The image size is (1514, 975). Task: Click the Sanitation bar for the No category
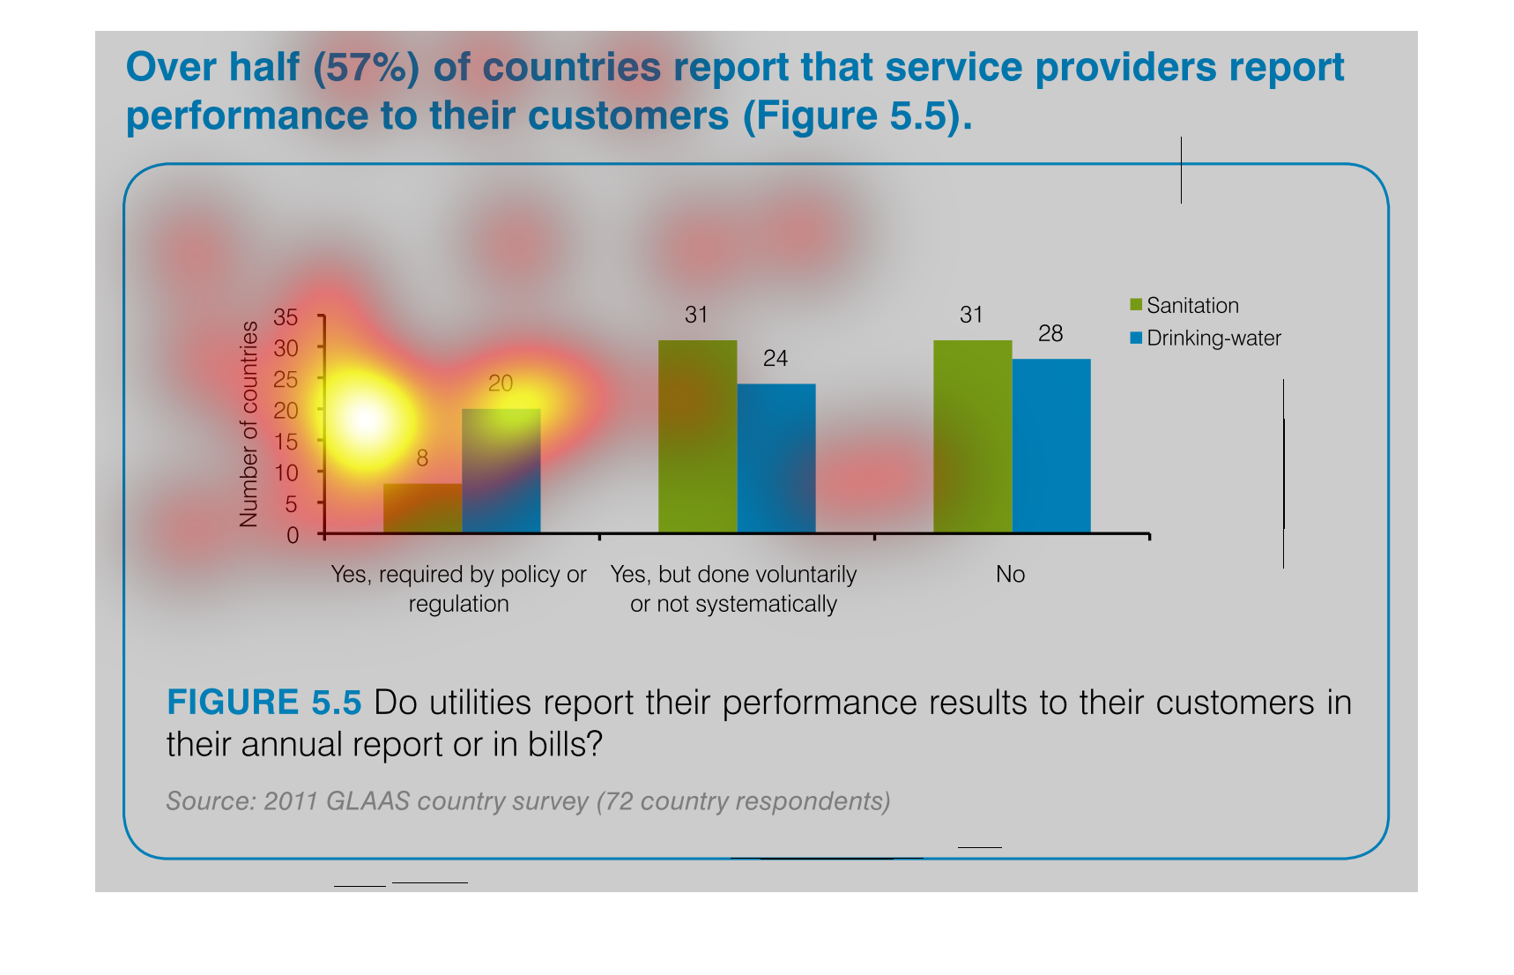pyautogui.click(x=972, y=436)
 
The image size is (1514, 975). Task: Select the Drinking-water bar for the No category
pyautogui.click(x=1050, y=445)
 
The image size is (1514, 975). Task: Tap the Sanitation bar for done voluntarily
pyautogui.click(x=697, y=436)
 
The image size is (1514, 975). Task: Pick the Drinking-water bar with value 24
pyautogui.click(x=776, y=458)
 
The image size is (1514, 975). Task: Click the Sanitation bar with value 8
pyautogui.click(x=422, y=508)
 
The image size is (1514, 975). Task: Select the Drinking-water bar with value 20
pyautogui.click(x=501, y=471)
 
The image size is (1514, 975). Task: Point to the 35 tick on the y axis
pyautogui.click(x=286, y=316)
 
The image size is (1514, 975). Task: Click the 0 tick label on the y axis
pyautogui.click(x=293, y=535)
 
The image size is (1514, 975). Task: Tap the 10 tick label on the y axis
pyautogui.click(x=286, y=473)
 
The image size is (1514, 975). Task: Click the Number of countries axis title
pyautogui.click(x=249, y=424)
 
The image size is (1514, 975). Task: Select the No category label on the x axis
pyautogui.click(x=1010, y=575)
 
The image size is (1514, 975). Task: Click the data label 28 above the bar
pyautogui.click(x=1050, y=334)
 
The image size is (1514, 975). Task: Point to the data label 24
pyautogui.click(x=776, y=359)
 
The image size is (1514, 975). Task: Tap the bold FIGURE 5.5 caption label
pyautogui.click(x=263, y=703)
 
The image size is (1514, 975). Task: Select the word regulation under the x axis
pyautogui.click(x=458, y=605)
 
